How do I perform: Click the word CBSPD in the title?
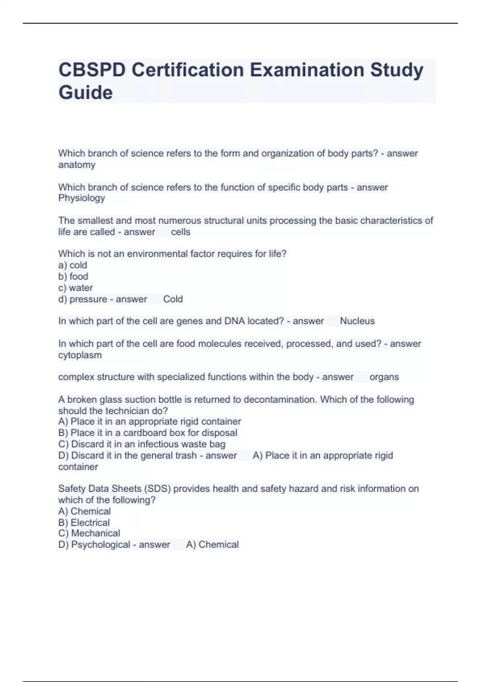(92, 70)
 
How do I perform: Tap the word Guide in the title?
(85, 93)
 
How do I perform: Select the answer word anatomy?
(77, 165)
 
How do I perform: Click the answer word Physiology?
(81, 198)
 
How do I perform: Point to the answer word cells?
(180, 232)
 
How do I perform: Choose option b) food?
(73, 276)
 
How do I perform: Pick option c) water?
(75, 288)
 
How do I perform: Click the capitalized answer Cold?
(173, 299)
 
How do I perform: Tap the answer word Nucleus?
(357, 321)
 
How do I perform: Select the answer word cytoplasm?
(80, 355)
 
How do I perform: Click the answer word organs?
(384, 377)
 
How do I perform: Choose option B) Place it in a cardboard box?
(148, 433)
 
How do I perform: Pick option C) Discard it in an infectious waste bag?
(141, 444)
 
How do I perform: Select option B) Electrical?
(84, 523)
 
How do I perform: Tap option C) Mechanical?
(89, 533)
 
